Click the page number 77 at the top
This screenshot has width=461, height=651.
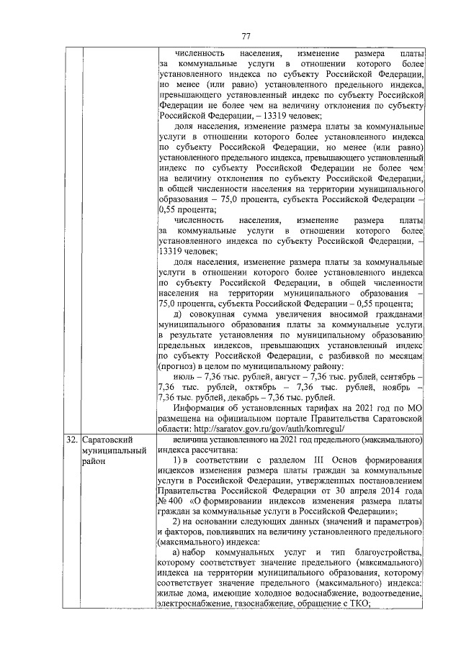point(246,37)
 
